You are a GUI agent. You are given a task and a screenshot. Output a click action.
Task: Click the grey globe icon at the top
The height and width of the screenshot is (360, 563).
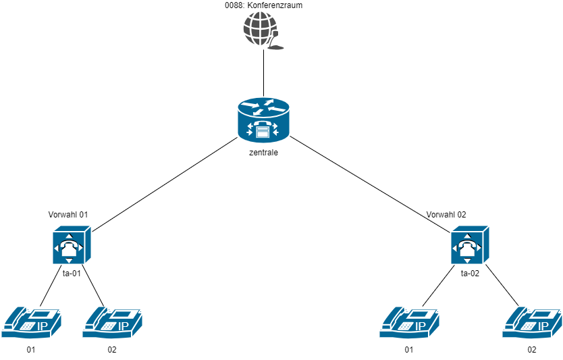point(261,28)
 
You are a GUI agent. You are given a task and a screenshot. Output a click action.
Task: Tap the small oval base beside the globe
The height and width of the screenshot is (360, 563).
point(275,47)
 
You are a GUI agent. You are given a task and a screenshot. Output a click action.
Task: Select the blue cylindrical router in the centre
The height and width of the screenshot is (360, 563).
point(263,120)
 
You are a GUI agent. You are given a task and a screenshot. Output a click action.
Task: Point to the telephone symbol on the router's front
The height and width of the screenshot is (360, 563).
point(263,129)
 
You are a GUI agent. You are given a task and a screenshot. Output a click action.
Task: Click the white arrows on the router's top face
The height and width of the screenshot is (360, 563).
point(263,107)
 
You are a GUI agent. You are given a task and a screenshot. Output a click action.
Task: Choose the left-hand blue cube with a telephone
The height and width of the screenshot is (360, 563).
point(72,245)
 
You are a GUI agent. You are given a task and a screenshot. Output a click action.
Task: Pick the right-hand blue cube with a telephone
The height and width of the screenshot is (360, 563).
point(470,245)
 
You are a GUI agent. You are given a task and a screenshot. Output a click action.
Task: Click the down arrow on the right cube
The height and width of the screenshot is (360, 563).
point(466,259)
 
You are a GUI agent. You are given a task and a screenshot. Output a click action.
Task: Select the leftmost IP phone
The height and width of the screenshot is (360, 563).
point(31,322)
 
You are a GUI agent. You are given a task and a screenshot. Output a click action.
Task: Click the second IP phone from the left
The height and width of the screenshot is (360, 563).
point(112,322)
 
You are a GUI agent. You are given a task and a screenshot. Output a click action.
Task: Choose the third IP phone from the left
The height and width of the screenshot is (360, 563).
point(409,322)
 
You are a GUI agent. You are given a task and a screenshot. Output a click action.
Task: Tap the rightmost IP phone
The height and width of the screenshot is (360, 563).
point(532,322)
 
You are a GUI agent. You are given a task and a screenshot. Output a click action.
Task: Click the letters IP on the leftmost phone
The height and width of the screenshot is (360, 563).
point(43,326)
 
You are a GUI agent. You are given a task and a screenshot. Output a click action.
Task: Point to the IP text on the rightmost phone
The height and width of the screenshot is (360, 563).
point(543,326)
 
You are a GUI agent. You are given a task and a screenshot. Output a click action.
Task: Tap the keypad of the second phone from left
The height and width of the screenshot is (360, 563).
point(108,326)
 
